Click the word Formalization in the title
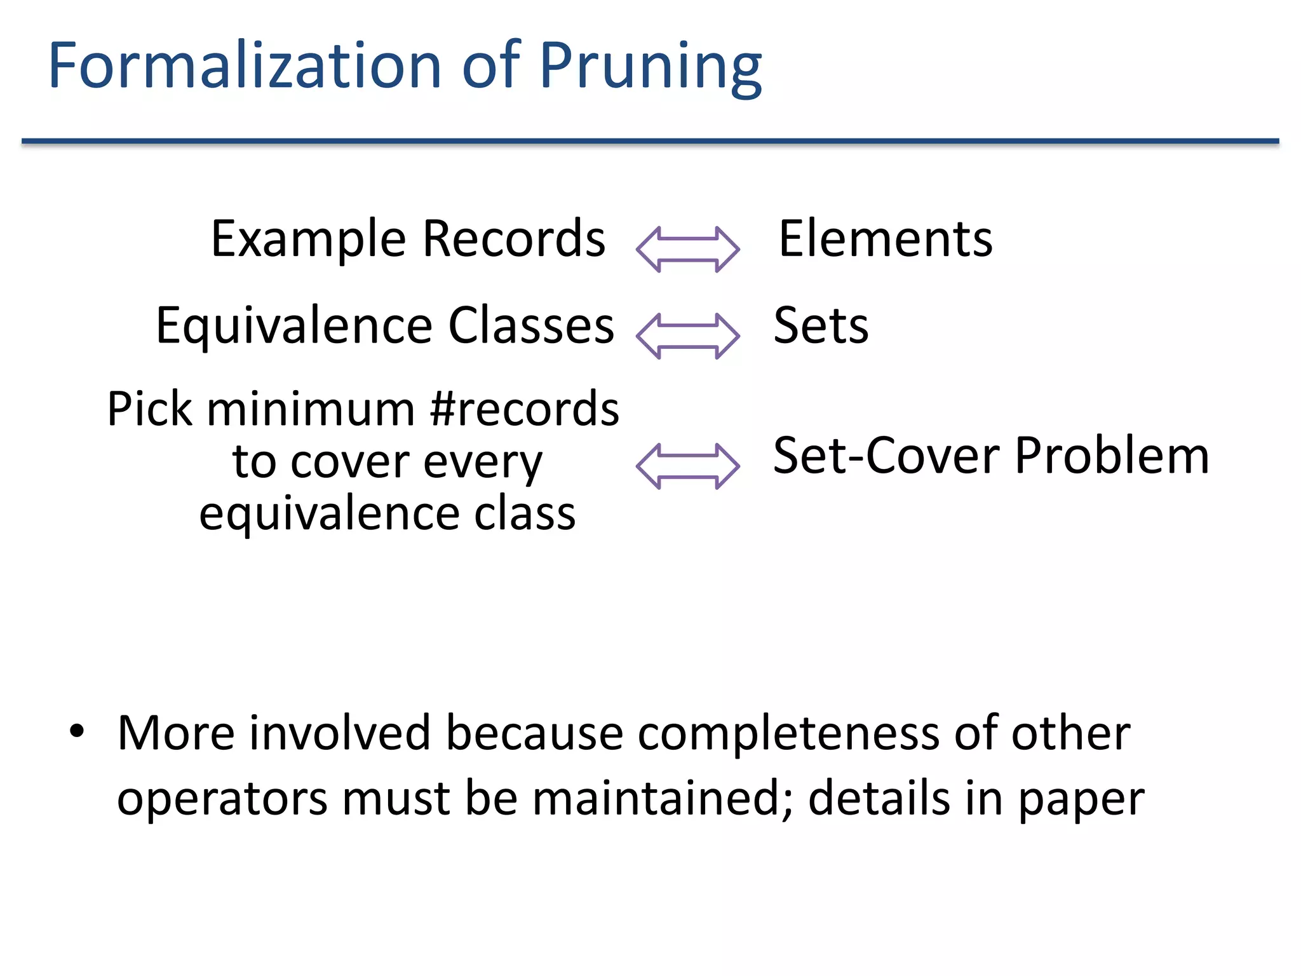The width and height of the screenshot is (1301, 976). (x=245, y=65)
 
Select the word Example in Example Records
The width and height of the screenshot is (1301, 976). (x=308, y=240)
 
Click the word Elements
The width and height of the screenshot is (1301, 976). (x=886, y=239)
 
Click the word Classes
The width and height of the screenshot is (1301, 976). (x=531, y=325)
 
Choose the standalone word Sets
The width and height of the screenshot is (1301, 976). (x=821, y=326)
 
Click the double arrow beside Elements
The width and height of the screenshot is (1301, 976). (x=687, y=249)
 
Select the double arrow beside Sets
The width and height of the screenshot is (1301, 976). (x=687, y=336)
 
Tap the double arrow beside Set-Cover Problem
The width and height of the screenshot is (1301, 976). (x=687, y=466)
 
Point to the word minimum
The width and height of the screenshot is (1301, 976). (x=311, y=409)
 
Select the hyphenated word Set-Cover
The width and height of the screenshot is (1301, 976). (x=887, y=456)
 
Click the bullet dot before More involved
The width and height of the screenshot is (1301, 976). (x=77, y=731)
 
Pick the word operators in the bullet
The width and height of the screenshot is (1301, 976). (x=222, y=799)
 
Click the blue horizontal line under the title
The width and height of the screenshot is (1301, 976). (x=650, y=141)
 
